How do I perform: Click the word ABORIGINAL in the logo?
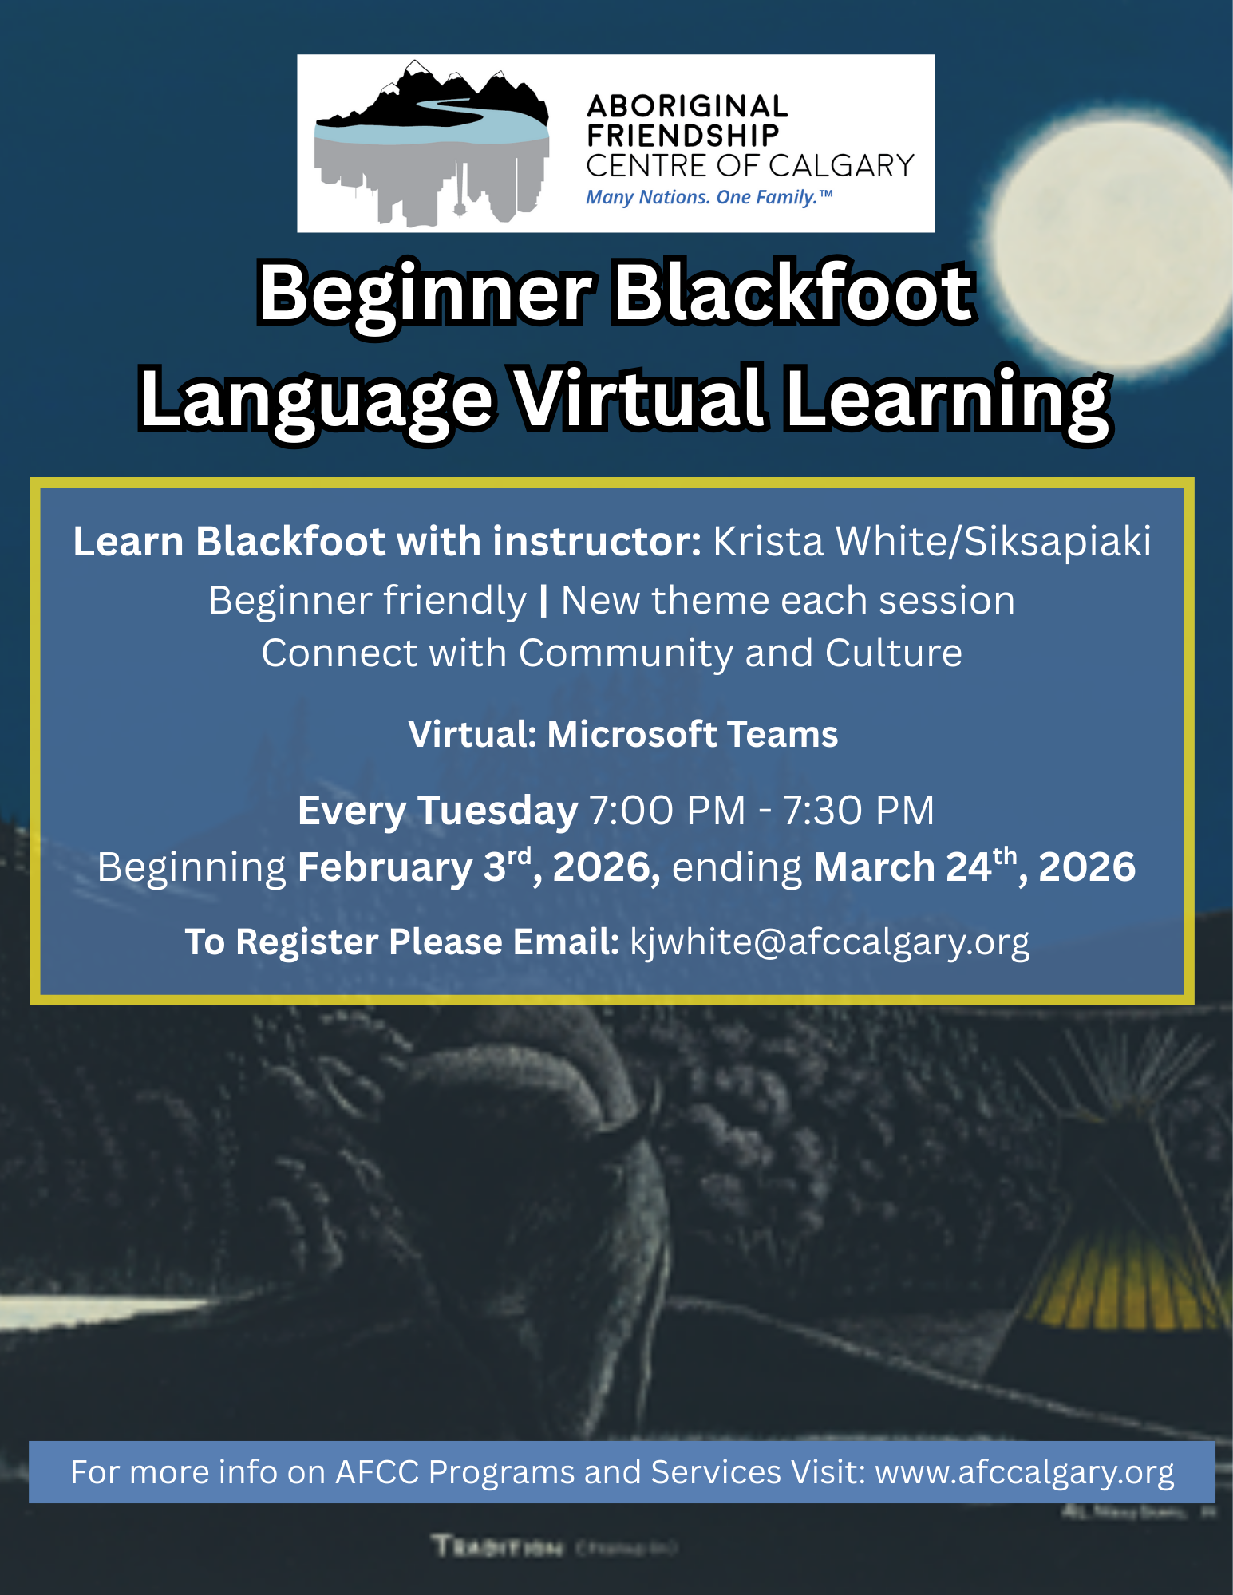coord(687,106)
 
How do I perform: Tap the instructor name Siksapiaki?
coord(1057,542)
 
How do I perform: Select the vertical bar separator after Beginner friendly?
coord(543,601)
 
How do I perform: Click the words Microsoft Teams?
coord(692,734)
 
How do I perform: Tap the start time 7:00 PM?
coord(667,811)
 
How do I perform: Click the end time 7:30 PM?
coord(858,811)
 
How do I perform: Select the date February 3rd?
coord(413,867)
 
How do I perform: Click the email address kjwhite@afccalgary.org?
coord(830,942)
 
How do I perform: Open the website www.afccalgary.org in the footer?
coord(1025,1472)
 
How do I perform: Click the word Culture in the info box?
coord(893,653)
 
